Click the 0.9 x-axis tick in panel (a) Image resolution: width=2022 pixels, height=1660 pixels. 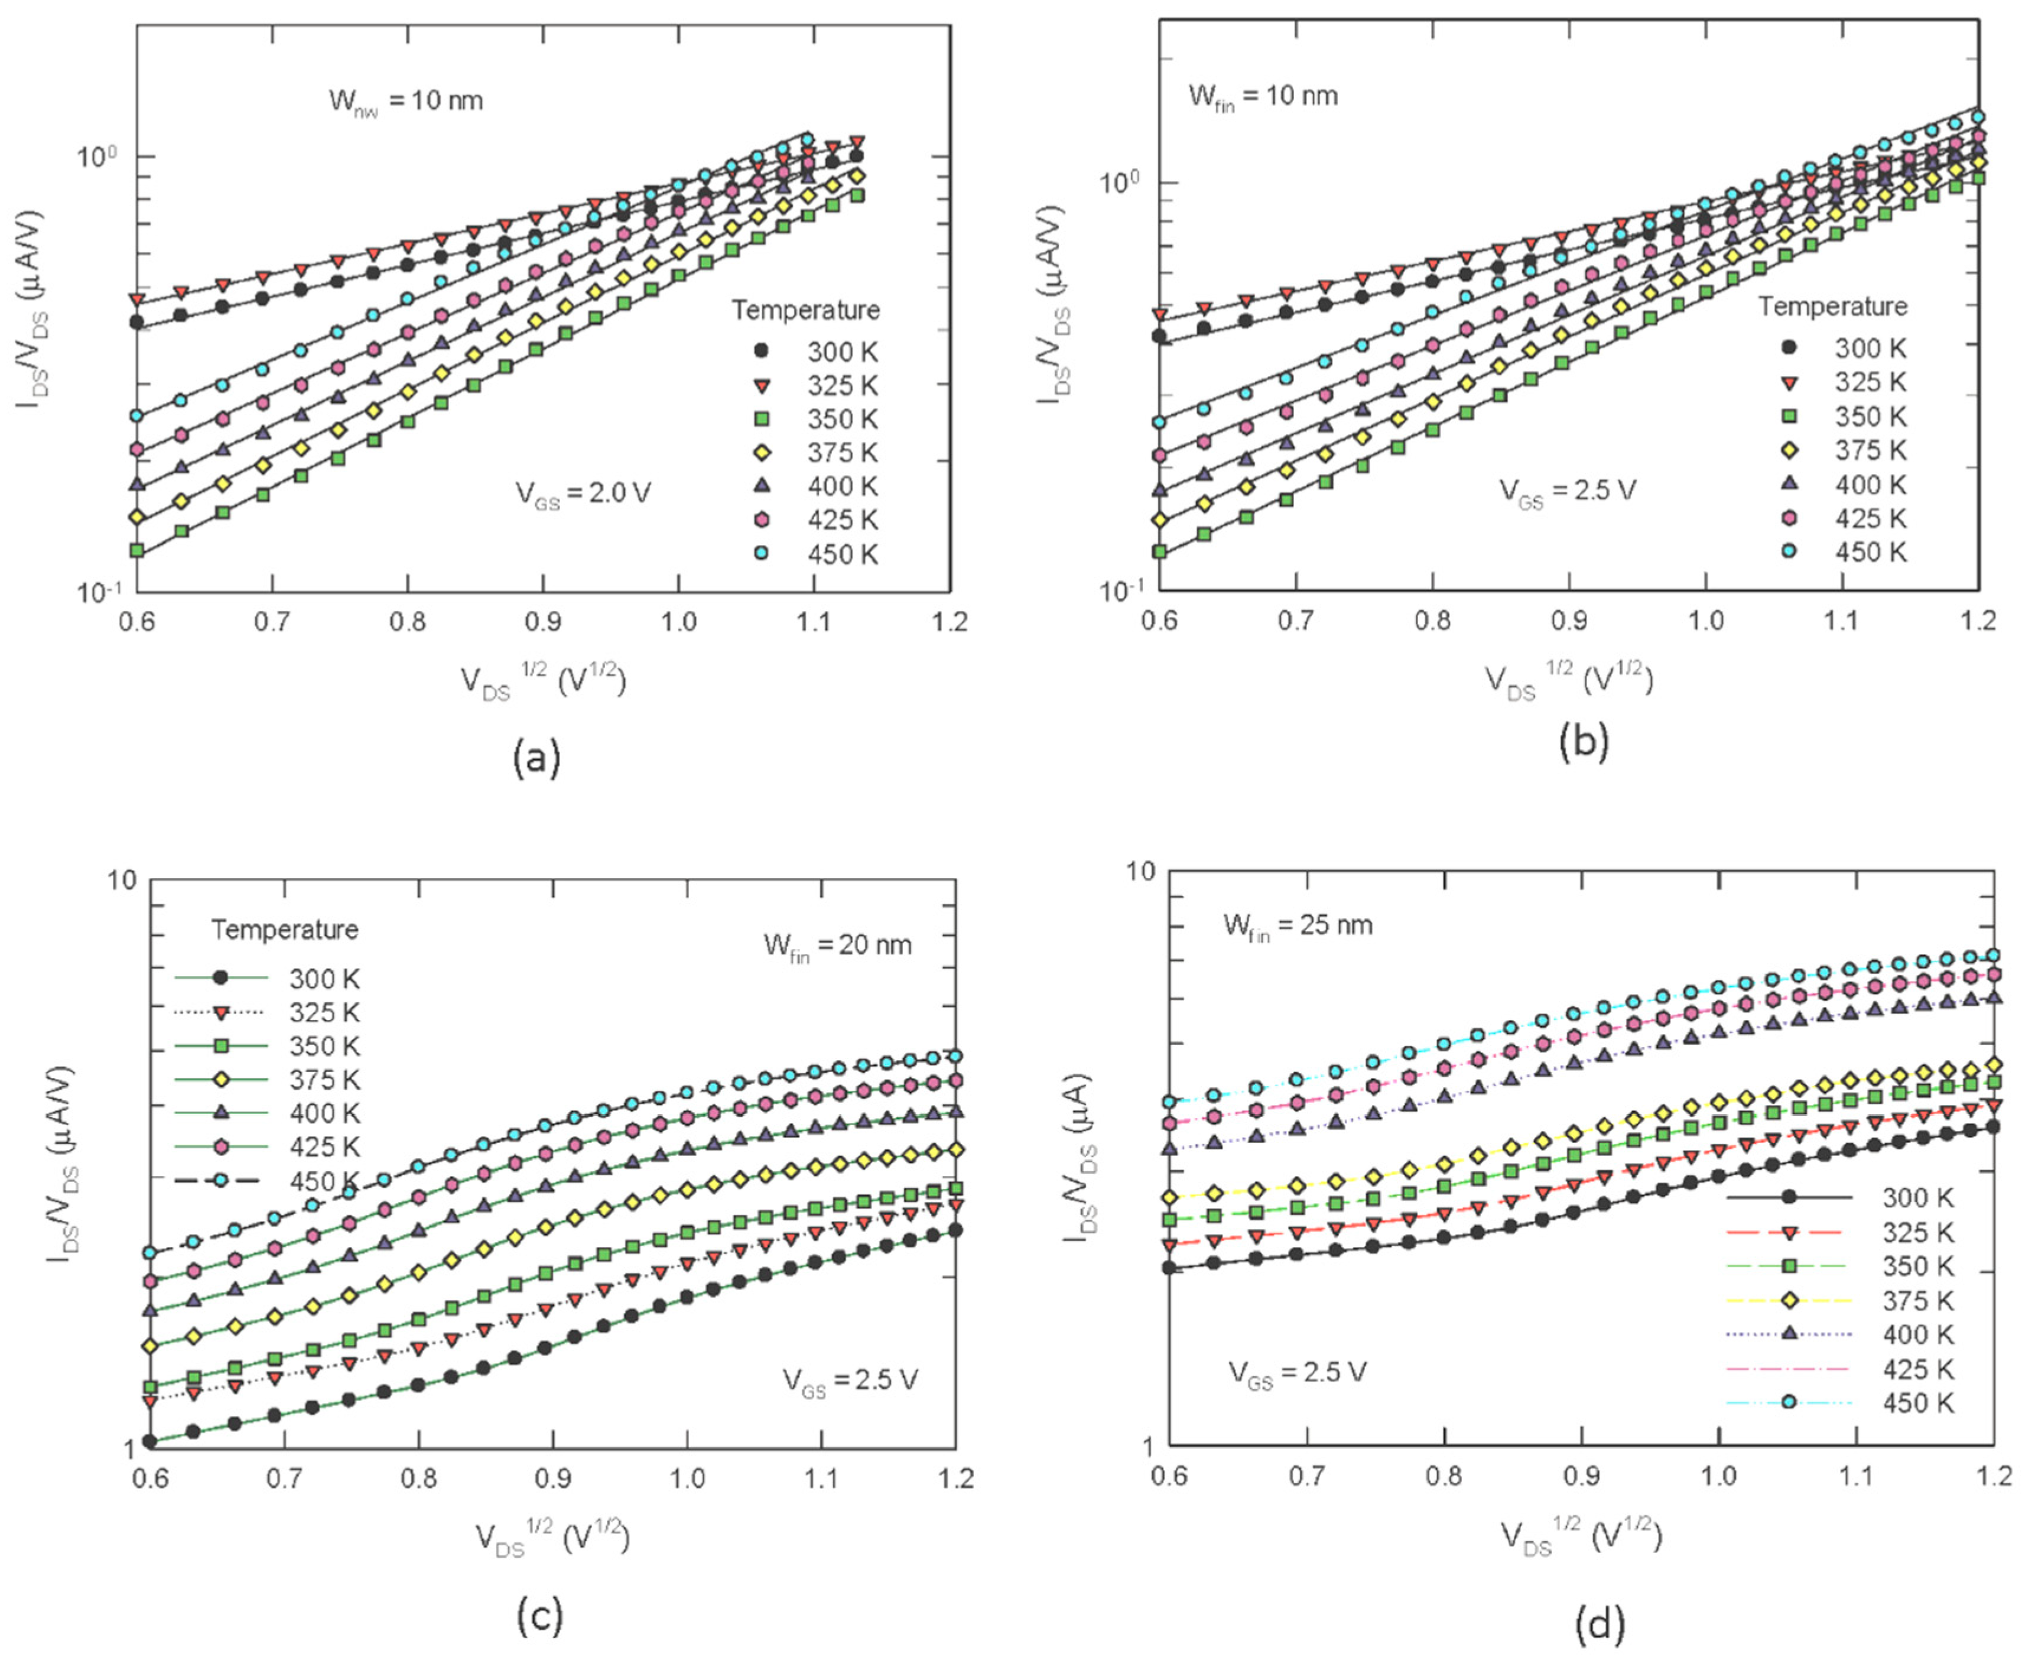[543, 622]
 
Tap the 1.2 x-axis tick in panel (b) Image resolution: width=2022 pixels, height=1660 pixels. [1976, 622]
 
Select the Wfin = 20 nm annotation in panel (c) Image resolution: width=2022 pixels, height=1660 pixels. [837, 946]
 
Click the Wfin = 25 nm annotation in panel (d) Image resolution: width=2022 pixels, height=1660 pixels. [1298, 925]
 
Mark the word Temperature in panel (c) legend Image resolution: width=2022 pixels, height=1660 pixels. [284, 930]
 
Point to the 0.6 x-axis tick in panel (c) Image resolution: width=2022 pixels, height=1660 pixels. [150, 1479]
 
